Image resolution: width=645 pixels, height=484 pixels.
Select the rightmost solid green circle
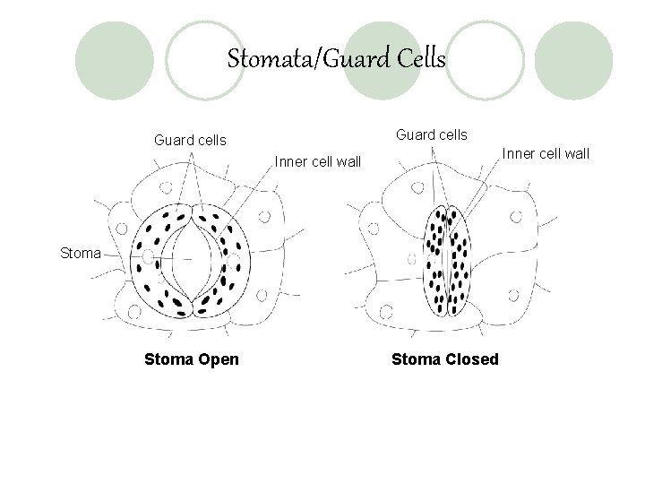pos(573,60)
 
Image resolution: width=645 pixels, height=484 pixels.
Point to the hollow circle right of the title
pos(484,60)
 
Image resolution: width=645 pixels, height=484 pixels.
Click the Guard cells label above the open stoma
pos(191,141)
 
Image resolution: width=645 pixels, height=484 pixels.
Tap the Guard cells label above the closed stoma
pos(432,134)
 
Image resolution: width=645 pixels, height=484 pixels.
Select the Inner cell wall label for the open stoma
pos(319,162)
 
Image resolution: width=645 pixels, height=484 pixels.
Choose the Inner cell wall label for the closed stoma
pos(546,153)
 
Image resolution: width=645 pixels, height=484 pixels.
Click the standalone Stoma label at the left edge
pos(81,253)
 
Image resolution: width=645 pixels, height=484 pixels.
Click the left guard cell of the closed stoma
pos(436,260)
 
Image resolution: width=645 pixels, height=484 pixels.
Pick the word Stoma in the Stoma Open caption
pos(168,359)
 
